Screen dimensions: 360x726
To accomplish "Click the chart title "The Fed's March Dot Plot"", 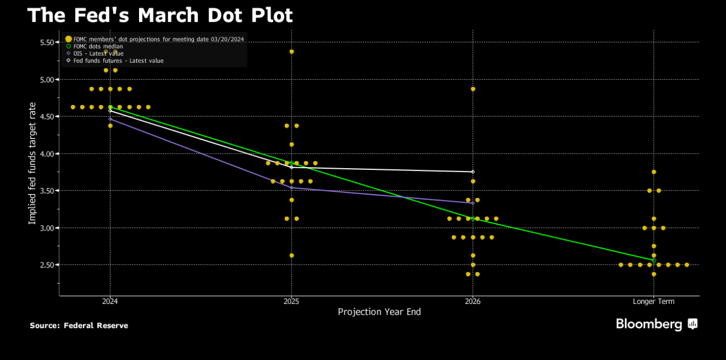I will [x=160, y=15].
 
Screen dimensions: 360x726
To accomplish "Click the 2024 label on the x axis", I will [x=110, y=302].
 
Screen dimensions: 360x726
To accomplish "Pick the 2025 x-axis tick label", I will [x=291, y=302].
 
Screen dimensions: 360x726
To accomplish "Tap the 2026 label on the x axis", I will [x=473, y=302].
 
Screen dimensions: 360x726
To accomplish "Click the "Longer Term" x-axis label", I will [x=654, y=302].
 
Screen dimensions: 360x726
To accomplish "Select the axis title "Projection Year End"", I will [x=379, y=312].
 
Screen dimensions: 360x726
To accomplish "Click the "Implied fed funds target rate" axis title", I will [x=32, y=163].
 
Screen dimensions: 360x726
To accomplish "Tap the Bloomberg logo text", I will [x=649, y=324].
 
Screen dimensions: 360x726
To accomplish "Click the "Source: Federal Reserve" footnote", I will [x=79, y=326].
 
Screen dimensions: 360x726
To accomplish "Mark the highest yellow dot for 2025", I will [x=292, y=52].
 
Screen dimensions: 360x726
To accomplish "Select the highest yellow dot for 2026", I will [x=473, y=89].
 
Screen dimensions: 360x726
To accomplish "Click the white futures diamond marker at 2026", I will [x=473, y=172].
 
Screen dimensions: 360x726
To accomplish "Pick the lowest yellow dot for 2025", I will [x=292, y=256].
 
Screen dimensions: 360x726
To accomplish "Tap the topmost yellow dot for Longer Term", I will [x=654, y=172].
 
